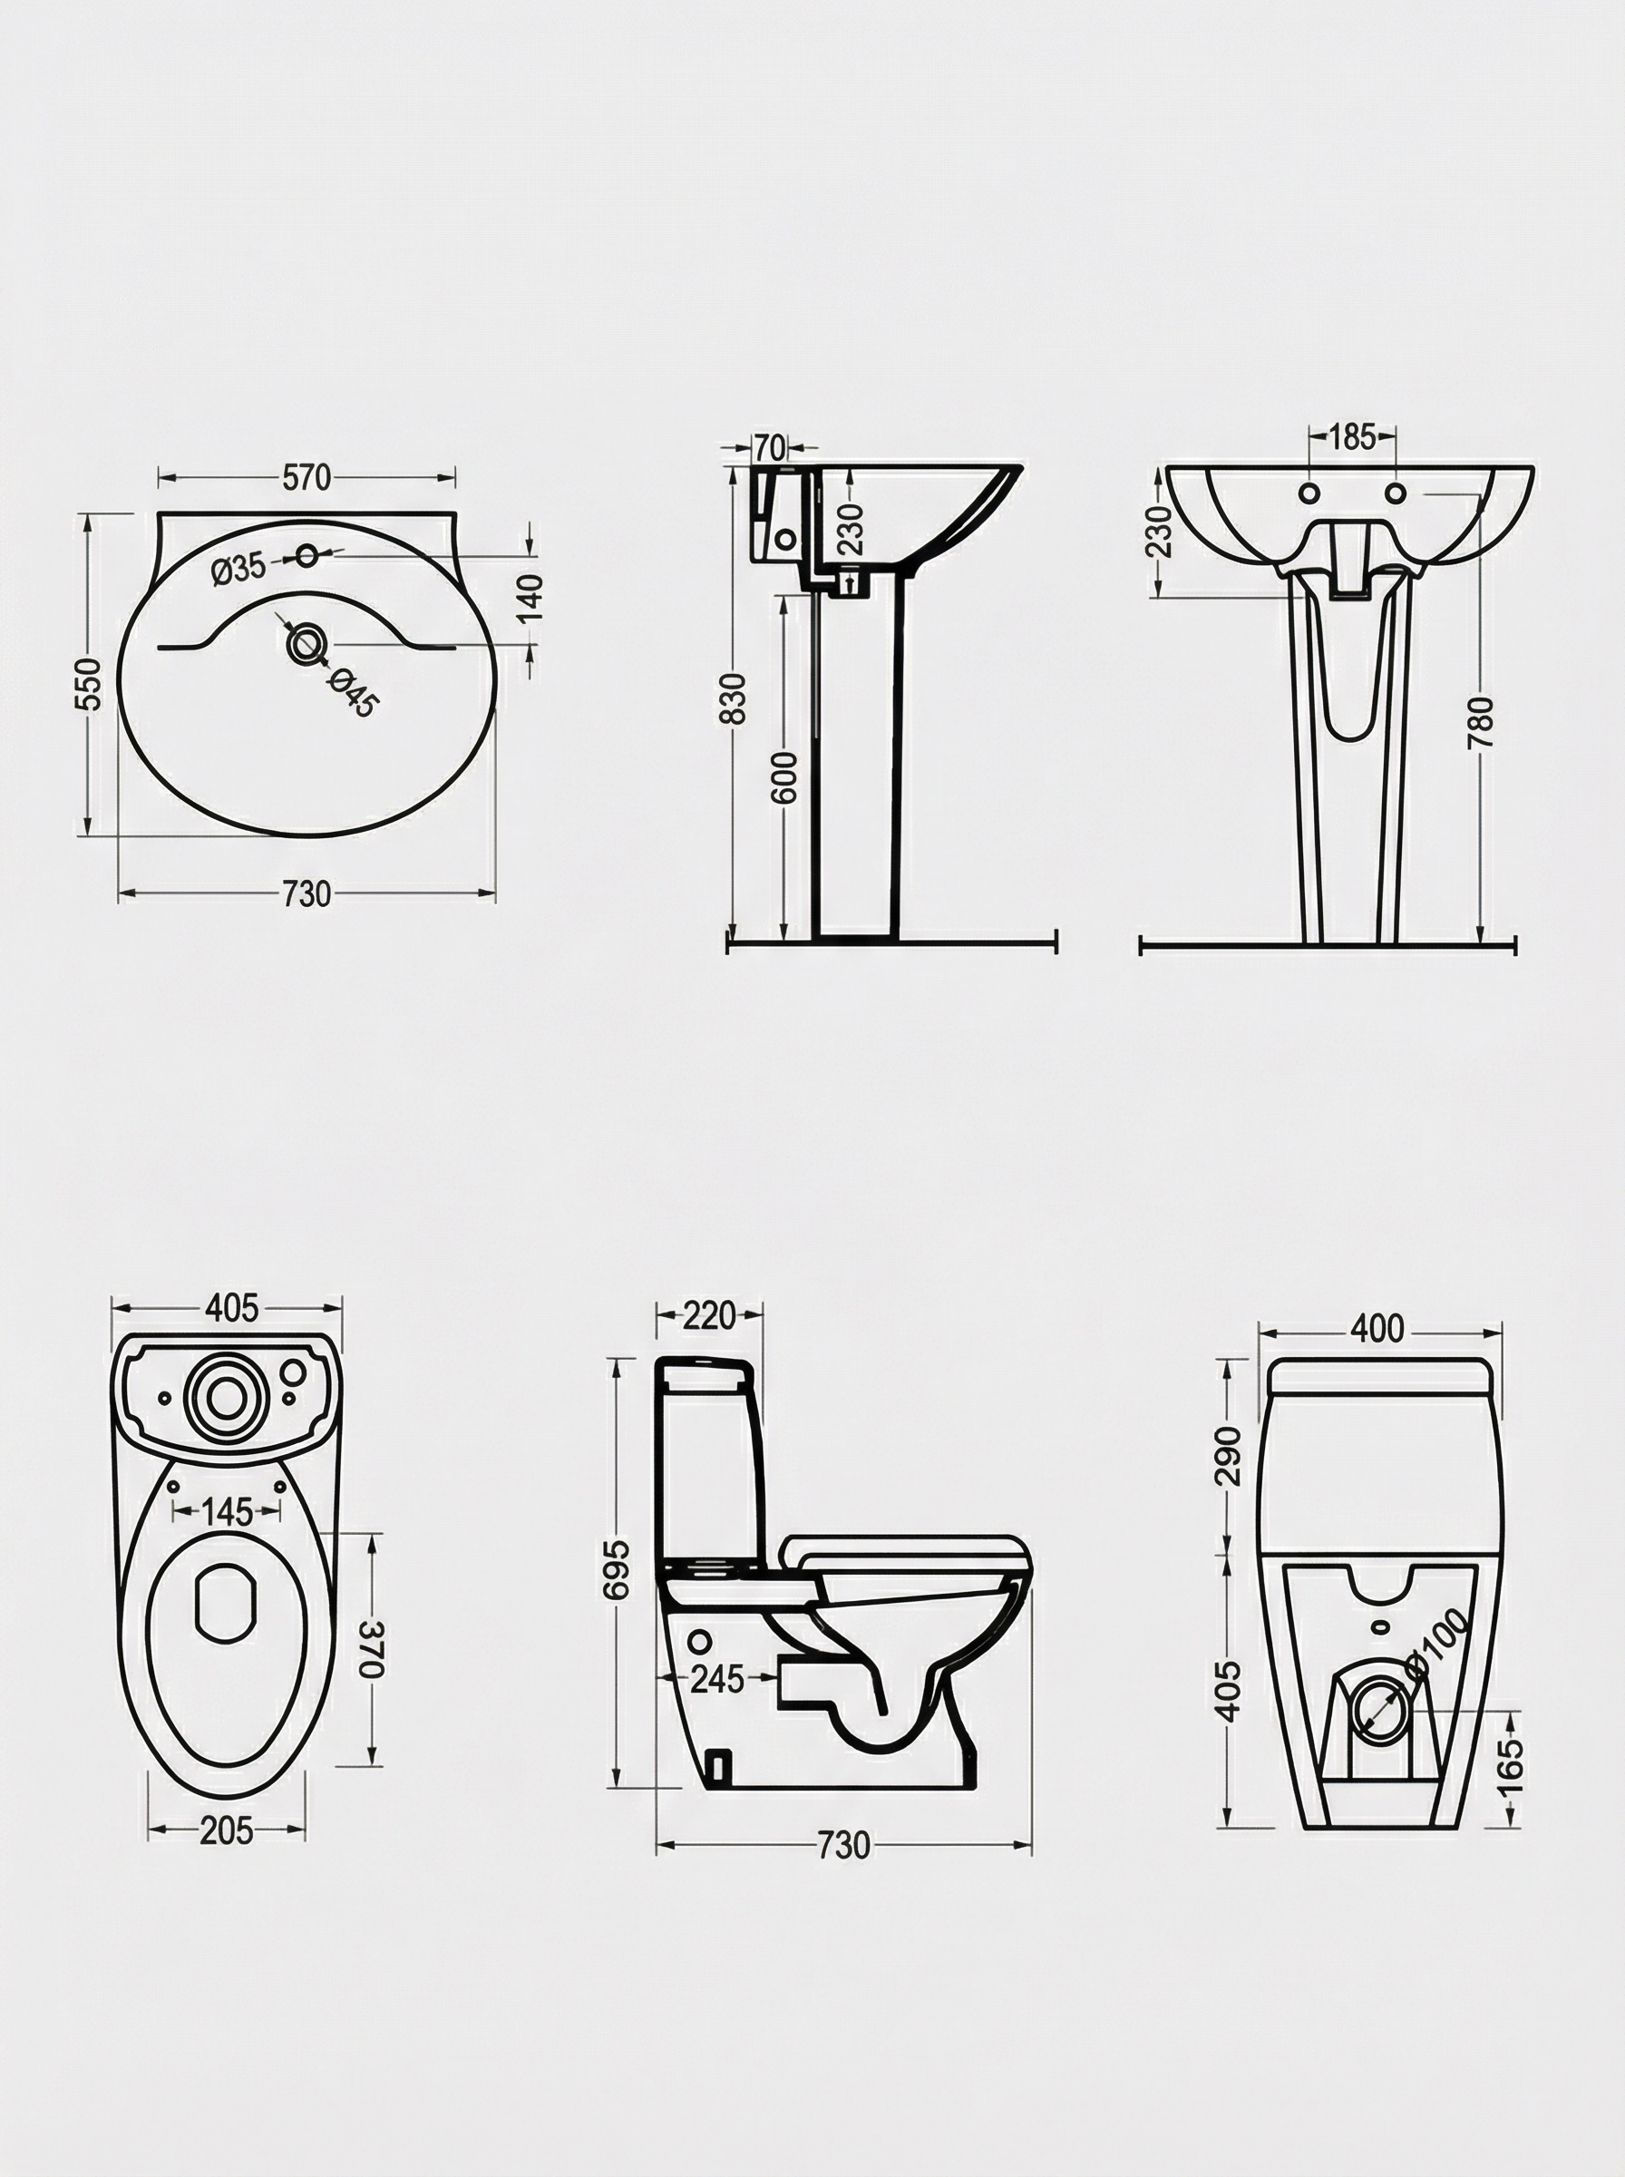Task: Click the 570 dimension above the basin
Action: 306,478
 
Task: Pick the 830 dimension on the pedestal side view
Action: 733,698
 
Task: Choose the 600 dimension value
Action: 784,777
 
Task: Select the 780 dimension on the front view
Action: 1481,722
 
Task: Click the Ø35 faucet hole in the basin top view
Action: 307,556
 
